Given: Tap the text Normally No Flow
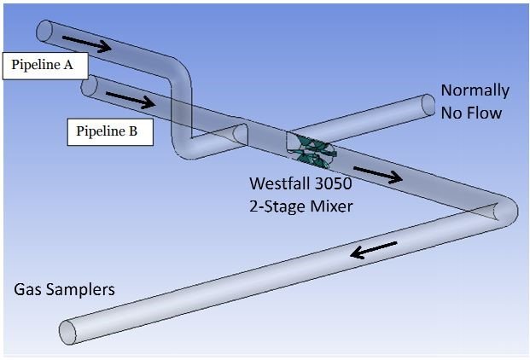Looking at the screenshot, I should pyautogui.click(x=474, y=100).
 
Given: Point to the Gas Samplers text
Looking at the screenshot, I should pyautogui.click(x=64, y=290).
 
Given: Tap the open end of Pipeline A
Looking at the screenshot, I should pyautogui.click(x=44, y=30).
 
